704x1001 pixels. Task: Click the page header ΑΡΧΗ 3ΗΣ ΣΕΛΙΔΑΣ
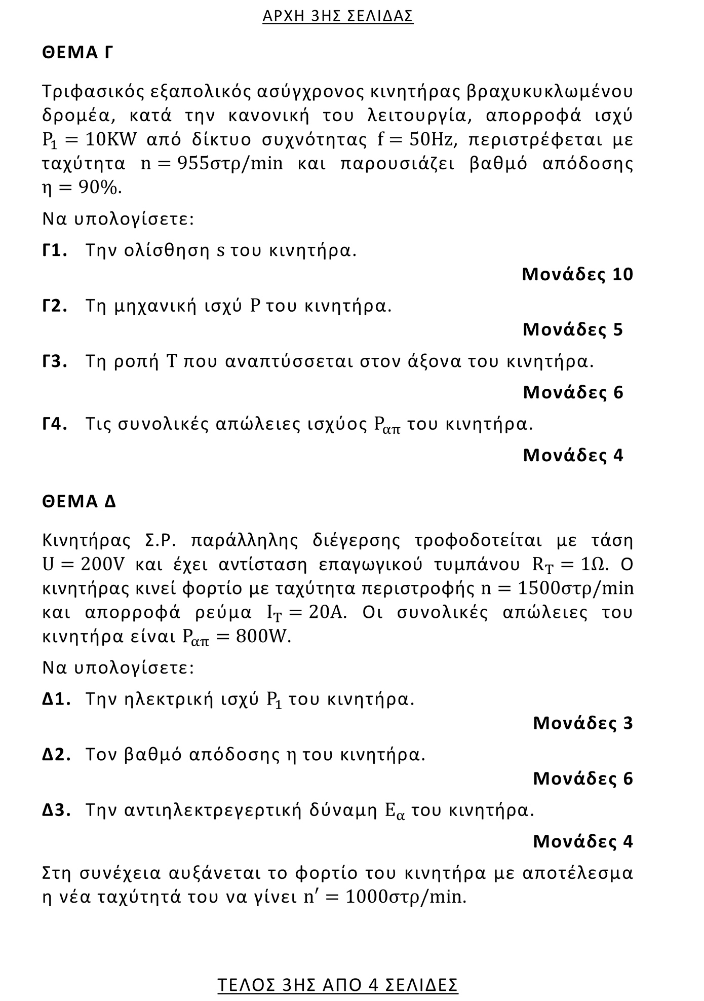[338, 16]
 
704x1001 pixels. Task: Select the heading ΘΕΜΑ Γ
[77, 52]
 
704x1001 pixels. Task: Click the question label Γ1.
[55, 250]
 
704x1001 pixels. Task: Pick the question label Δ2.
[56, 755]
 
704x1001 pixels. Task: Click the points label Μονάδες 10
[577, 274]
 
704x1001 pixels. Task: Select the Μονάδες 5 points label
[573, 329]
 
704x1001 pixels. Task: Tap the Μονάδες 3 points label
[583, 723]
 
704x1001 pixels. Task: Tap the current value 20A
[327, 612]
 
